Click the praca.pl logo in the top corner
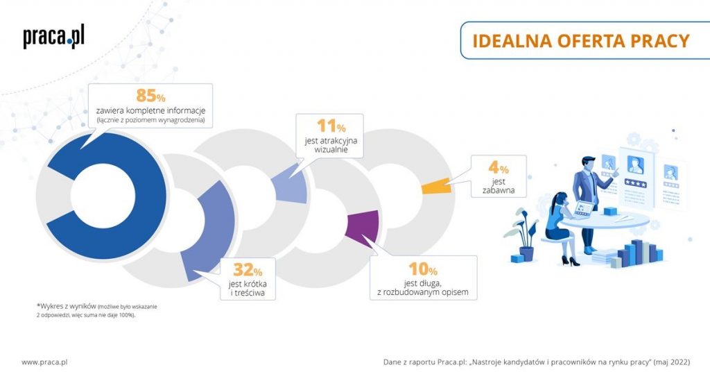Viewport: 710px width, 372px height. (53, 37)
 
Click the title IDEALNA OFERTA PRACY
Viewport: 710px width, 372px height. (580, 40)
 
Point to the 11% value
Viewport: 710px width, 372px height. (331, 126)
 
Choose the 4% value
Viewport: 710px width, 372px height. (499, 169)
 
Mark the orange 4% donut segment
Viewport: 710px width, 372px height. (436, 185)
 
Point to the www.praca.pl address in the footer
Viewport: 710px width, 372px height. (44, 362)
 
